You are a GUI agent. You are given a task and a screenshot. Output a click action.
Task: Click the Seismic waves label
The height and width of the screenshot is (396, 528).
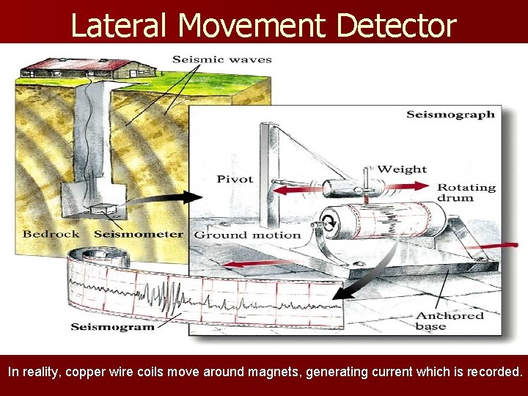tap(221, 59)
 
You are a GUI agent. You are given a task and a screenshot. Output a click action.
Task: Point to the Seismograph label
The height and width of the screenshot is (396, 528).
tap(450, 114)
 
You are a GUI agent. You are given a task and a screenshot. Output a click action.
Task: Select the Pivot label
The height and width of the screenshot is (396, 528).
tap(235, 179)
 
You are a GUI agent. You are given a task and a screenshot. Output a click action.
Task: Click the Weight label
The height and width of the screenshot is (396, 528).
tap(401, 169)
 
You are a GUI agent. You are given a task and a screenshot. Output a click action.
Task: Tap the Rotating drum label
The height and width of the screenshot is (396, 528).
tap(466, 192)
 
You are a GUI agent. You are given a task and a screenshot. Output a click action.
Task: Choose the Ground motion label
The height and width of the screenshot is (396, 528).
tap(247, 235)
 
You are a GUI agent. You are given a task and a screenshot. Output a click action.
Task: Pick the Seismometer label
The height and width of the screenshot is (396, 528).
tap(139, 234)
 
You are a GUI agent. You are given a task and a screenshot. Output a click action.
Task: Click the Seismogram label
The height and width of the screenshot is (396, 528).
tap(112, 326)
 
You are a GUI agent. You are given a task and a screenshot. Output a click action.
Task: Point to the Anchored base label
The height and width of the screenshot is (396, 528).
tap(450, 320)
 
